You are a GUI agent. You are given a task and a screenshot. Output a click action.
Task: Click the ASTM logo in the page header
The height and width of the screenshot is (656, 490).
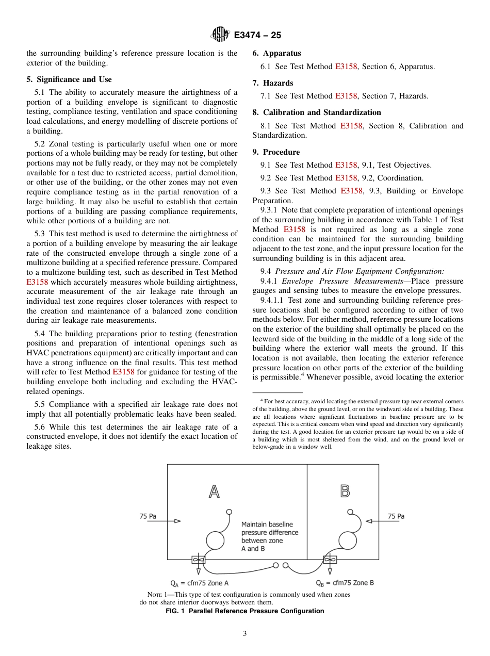click(220, 35)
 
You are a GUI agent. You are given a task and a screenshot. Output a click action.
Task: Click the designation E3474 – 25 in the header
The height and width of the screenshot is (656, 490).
click(257, 36)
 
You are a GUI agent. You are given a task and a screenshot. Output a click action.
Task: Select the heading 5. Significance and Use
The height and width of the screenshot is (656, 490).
click(69, 79)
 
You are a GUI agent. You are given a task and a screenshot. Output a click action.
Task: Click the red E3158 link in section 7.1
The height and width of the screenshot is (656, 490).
click(346, 96)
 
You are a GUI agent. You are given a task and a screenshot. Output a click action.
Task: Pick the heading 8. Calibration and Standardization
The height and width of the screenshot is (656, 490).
click(317, 112)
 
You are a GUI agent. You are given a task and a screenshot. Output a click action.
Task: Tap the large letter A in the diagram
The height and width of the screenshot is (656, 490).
click(214, 491)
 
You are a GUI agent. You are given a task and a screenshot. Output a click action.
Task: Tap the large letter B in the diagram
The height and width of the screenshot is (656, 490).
click(345, 491)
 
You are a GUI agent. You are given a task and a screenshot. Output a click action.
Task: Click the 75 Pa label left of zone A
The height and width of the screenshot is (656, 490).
click(148, 516)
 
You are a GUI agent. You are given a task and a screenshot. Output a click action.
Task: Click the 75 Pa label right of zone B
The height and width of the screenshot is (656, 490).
click(396, 516)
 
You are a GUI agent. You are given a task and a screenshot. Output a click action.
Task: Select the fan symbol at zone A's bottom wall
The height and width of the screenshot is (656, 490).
click(199, 560)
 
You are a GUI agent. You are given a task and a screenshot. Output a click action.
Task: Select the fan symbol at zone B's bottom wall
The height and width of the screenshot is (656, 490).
click(330, 560)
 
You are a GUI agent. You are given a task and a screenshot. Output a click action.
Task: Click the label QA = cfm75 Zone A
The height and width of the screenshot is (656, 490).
click(200, 583)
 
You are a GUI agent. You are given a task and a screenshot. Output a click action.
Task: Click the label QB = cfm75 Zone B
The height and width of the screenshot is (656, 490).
click(345, 583)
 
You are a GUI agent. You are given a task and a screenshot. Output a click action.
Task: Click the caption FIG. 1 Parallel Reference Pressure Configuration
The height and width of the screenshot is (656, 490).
click(244, 611)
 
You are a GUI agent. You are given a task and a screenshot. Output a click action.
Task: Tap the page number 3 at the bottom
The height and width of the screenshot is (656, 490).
click(245, 634)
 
